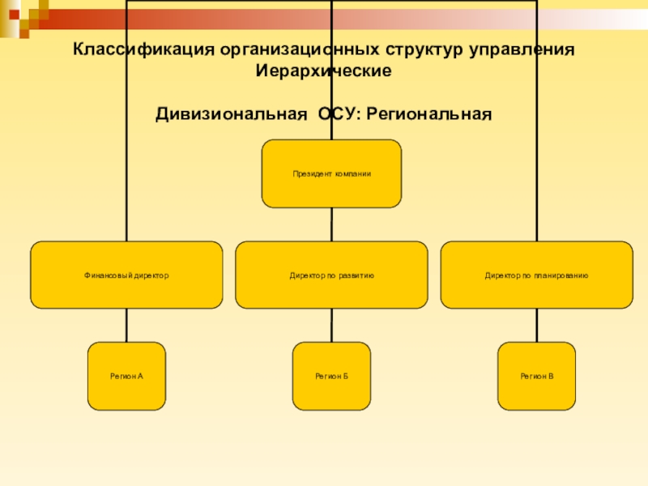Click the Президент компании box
tap(331, 173)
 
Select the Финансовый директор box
tap(126, 275)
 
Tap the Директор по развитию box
tap(331, 275)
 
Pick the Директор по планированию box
tap(537, 275)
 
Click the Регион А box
tap(126, 376)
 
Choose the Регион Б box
tap(331, 376)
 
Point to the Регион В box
tap(537, 376)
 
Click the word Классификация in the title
tap(144, 49)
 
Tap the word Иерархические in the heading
tap(323, 70)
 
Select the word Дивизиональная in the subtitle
tap(232, 114)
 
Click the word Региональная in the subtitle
tap(429, 114)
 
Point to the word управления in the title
tap(522, 49)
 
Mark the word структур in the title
tap(424, 49)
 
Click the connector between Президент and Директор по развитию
tap(331, 224)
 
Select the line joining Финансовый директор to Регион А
tap(126, 326)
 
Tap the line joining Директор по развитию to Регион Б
tap(331, 326)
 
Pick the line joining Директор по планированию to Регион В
tap(537, 326)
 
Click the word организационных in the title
tap(300, 49)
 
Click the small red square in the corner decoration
tap(15, 15)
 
